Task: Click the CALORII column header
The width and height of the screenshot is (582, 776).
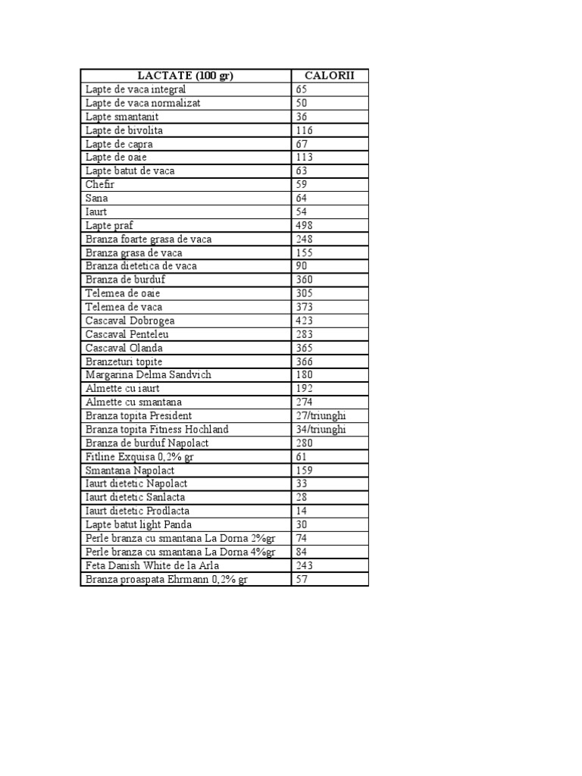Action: [x=330, y=75]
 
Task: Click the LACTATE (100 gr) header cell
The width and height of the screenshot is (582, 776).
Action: [x=186, y=75]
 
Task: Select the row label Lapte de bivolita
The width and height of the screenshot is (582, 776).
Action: [x=124, y=130]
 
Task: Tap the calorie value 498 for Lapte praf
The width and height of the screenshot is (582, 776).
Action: [x=305, y=226]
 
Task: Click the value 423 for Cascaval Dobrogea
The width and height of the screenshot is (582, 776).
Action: [x=305, y=321]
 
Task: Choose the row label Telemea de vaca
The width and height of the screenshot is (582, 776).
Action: [x=124, y=307]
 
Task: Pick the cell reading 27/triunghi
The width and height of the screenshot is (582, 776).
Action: [x=321, y=416]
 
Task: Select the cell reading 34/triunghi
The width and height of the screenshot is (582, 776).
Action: [x=321, y=430]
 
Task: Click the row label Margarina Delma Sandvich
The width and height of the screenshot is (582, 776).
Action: [x=149, y=375]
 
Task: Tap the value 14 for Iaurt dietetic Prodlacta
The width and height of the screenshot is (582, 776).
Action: [x=302, y=511]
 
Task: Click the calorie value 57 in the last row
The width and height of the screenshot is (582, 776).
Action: [x=302, y=580]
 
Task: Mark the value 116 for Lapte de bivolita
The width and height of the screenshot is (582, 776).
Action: [x=305, y=130]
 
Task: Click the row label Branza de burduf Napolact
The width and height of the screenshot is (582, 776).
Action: [x=147, y=443]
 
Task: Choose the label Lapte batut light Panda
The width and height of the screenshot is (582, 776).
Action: [x=139, y=524]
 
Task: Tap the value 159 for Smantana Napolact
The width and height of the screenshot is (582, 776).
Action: [x=305, y=470]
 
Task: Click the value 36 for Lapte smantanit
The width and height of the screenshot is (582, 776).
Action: [x=302, y=117]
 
